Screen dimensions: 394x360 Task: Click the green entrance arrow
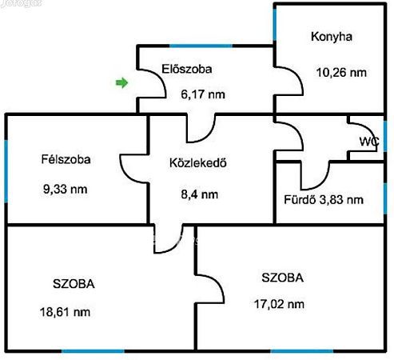(x=121, y=82)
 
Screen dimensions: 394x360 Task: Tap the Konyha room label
(x=332, y=37)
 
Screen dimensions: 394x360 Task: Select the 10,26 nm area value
(x=341, y=73)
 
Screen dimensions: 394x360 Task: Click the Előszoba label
(x=187, y=69)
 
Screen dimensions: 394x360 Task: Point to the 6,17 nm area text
(x=203, y=94)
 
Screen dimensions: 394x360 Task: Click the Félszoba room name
(x=66, y=159)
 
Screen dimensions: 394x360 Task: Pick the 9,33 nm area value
(x=66, y=190)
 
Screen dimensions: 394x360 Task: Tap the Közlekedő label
(x=198, y=163)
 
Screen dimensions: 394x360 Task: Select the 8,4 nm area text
(x=200, y=194)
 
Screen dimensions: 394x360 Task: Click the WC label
(x=369, y=142)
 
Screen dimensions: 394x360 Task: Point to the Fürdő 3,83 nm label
(x=324, y=200)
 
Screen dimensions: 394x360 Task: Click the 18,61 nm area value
(x=65, y=312)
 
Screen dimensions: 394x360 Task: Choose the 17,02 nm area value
(x=279, y=304)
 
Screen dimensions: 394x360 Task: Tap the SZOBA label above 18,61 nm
(x=74, y=284)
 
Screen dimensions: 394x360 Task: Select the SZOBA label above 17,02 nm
(x=282, y=278)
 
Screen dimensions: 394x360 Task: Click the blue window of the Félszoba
(x=6, y=171)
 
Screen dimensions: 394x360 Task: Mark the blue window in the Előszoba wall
(x=201, y=46)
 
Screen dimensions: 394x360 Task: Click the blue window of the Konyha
(x=275, y=25)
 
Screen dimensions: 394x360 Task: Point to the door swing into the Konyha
(x=289, y=81)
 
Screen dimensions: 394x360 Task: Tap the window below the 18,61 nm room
(x=93, y=351)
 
